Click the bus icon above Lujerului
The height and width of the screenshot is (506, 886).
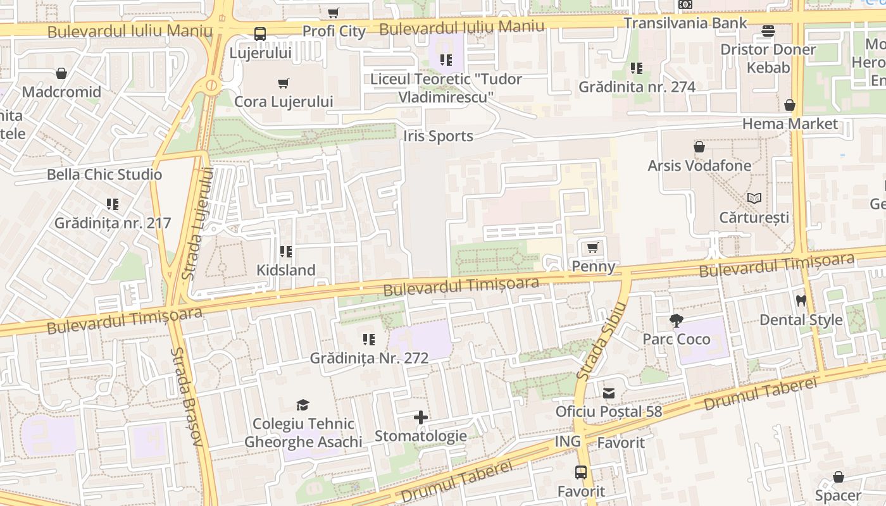click(x=260, y=34)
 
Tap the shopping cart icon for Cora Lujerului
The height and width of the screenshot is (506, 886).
click(x=284, y=83)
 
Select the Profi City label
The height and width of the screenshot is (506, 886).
click(x=334, y=31)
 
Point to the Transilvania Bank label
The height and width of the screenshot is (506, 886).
click(x=685, y=23)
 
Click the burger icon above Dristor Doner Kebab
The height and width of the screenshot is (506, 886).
click(x=768, y=31)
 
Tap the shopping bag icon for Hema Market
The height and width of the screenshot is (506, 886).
click(x=790, y=105)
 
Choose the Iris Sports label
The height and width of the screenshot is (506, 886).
click(x=438, y=136)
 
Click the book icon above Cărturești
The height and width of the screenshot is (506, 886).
click(x=754, y=199)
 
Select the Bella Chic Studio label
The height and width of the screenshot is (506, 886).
click(x=104, y=175)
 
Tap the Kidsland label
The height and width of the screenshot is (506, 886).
click(x=285, y=270)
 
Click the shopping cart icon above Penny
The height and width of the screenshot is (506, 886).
click(x=593, y=248)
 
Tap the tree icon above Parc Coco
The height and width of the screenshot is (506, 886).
click(x=677, y=321)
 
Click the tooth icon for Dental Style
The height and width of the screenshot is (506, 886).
click(x=801, y=302)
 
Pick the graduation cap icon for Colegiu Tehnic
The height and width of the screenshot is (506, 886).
click(x=303, y=405)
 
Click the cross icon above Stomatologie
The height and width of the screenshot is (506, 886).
click(x=421, y=417)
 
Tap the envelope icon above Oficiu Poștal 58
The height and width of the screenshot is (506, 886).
click(x=609, y=393)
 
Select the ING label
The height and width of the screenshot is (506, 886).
click(x=568, y=441)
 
